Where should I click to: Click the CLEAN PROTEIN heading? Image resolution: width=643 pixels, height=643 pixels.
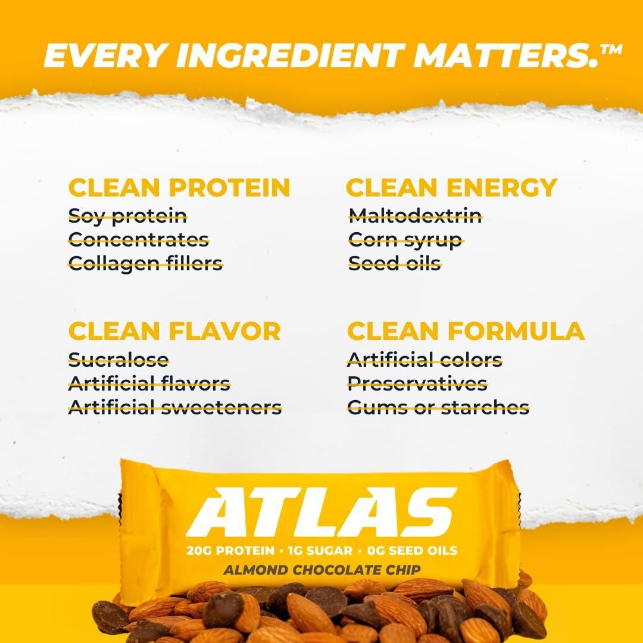point(179,187)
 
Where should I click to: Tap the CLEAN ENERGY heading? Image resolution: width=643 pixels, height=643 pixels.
point(451,187)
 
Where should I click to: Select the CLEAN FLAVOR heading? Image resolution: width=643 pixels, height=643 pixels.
point(174,330)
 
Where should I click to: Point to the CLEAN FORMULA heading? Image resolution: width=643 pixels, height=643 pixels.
point(466,330)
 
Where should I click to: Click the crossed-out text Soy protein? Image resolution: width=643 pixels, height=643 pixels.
point(127,215)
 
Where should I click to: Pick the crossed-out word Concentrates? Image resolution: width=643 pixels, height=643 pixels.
point(139,239)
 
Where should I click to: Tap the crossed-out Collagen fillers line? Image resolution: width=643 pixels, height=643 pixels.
point(145,263)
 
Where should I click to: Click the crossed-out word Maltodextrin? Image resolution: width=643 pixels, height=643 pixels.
point(415,215)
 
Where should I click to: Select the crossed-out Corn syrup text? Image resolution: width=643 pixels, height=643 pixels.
point(405,239)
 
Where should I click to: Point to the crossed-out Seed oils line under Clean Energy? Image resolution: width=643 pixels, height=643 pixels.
point(395,263)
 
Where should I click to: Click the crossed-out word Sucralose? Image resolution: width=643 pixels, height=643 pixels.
point(118,359)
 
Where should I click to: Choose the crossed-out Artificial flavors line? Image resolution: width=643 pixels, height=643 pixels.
point(149,383)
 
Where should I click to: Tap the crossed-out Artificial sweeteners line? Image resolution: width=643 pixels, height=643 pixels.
point(175,407)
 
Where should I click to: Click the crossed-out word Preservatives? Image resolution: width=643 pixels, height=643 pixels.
point(417,383)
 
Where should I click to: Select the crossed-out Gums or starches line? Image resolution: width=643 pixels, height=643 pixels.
point(438,407)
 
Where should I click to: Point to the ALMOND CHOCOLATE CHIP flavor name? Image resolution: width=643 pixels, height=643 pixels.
point(321,570)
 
